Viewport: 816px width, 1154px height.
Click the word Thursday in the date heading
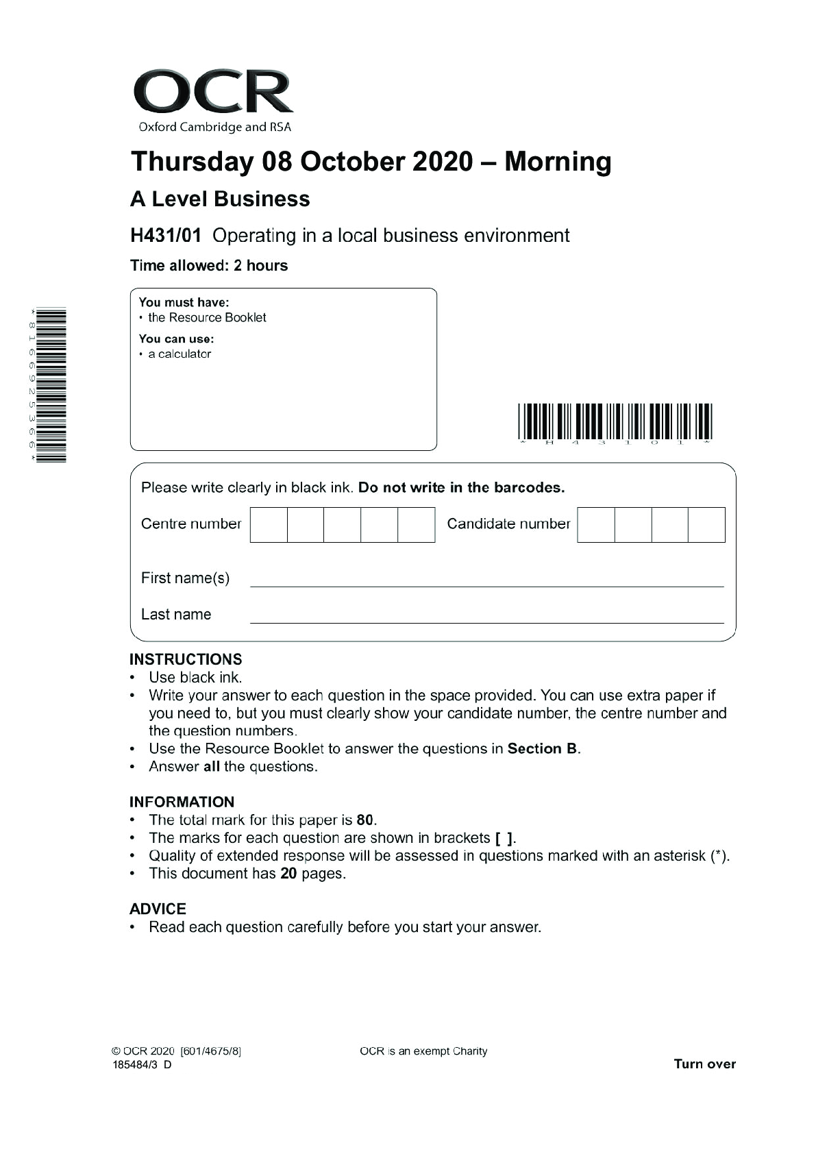pyautogui.click(x=192, y=162)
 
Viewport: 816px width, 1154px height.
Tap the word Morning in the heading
pyautogui.click(x=558, y=162)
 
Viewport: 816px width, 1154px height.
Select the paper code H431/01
pyautogui.click(x=166, y=236)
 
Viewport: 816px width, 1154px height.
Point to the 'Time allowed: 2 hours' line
pyautogui.click(x=209, y=266)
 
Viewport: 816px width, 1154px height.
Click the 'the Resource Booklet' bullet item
pyautogui.click(x=207, y=317)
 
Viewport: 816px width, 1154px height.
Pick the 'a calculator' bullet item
pyautogui.click(x=180, y=354)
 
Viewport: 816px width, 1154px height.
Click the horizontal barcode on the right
pyautogui.click(x=615, y=421)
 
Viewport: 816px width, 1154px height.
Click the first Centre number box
pyautogui.click(x=269, y=525)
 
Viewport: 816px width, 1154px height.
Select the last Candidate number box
pyautogui.click(x=706, y=525)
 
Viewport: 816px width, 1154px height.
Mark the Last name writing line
pyautogui.click(x=486, y=617)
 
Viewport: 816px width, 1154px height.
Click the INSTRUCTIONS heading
pyautogui.click(x=186, y=659)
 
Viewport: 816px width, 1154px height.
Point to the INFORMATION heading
pyautogui.click(x=182, y=802)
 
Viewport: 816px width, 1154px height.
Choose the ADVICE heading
pyautogui.click(x=158, y=909)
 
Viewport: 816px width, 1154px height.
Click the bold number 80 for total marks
pyautogui.click(x=365, y=820)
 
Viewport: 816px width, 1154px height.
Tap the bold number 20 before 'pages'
pyautogui.click(x=288, y=874)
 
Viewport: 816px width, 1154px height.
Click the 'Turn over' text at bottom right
pyautogui.click(x=704, y=1064)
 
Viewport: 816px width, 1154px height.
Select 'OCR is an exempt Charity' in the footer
pyautogui.click(x=423, y=1051)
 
